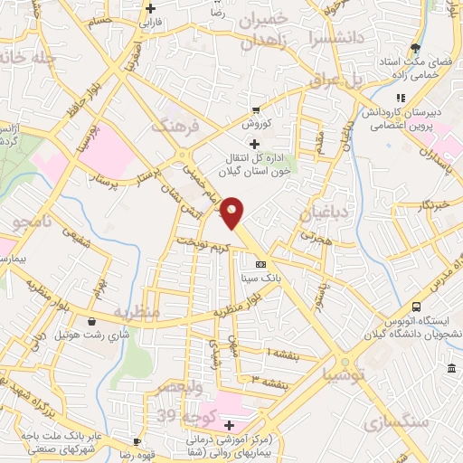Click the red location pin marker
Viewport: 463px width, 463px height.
pos(233,213)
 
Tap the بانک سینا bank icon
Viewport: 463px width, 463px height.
pos(261,264)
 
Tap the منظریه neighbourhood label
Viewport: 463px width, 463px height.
pos(136,312)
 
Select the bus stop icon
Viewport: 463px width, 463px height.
pos(416,307)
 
